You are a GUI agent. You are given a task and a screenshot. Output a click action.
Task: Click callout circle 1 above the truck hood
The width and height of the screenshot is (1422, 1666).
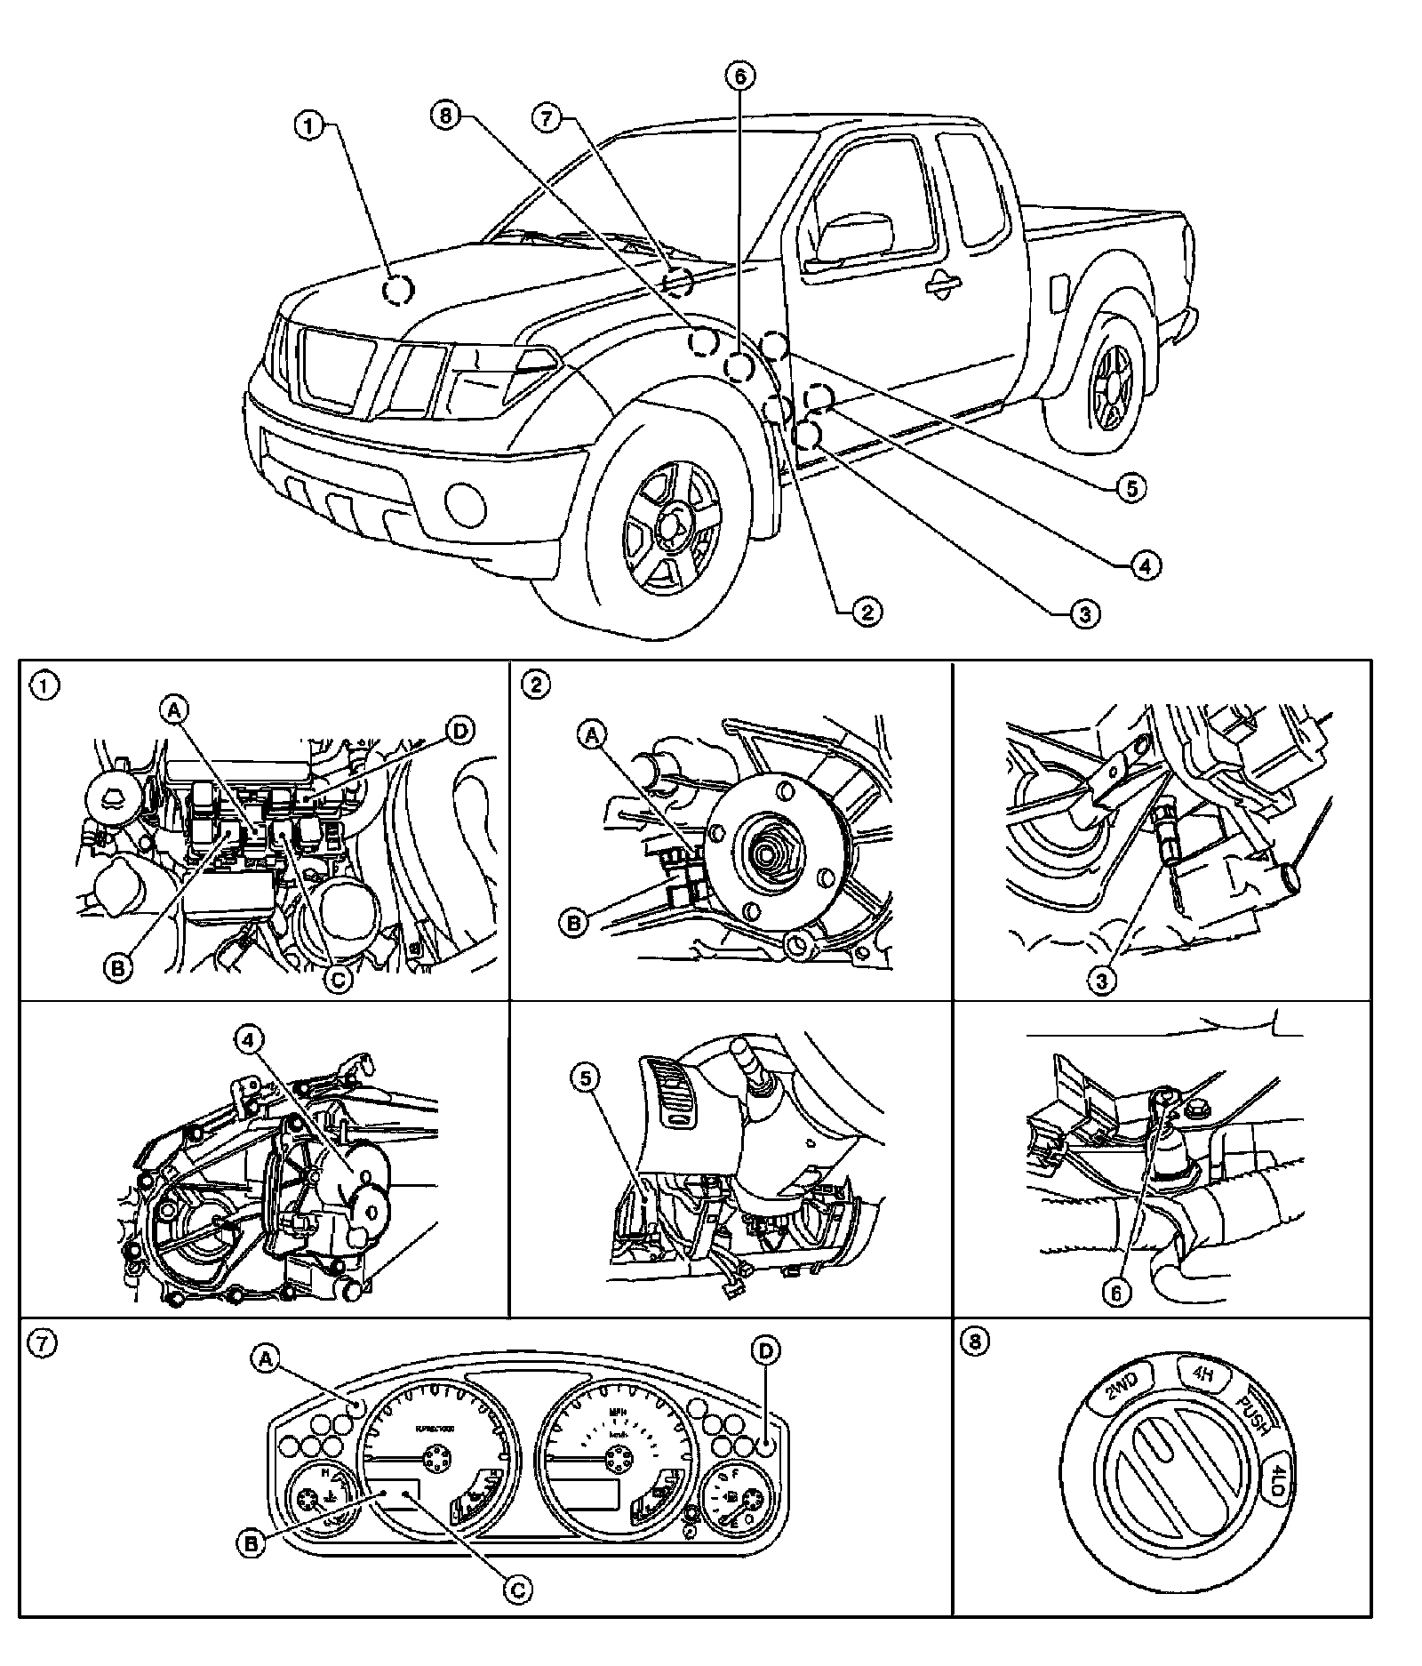[x=308, y=126]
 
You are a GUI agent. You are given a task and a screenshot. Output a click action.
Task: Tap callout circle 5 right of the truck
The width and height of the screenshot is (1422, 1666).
[x=1131, y=487]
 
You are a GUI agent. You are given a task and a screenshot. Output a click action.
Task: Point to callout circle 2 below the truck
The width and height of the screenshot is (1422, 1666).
[x=866, y=610]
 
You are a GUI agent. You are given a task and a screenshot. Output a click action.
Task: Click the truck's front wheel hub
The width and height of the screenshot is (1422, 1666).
[x=668, y=524]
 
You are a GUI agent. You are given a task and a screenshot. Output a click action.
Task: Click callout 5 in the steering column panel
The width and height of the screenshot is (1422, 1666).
[x=585, y=1078]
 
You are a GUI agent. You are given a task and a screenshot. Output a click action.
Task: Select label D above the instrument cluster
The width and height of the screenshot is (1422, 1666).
[x=764, y=1375]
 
